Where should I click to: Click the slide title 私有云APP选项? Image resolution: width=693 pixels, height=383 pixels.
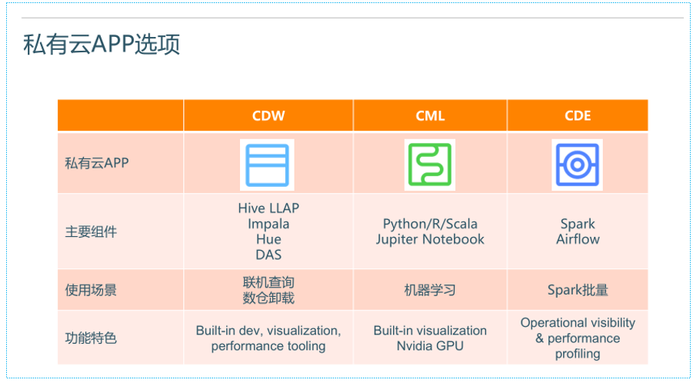[x=102, y=45]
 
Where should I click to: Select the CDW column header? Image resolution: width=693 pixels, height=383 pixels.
[x=268, y=116]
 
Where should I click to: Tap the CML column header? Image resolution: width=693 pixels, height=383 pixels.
[x=430, y=116]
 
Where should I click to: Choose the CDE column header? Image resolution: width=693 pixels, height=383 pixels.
[x=578, y=116]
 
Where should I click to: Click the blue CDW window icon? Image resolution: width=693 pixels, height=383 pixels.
[x=267, y=165]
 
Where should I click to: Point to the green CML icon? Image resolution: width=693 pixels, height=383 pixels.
[x=430, y=165]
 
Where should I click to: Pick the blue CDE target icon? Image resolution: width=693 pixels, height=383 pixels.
[x=577, y=165]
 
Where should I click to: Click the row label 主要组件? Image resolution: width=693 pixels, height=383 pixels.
[x=91, y=231]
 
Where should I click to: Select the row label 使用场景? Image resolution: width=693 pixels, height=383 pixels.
[x=91, y=291]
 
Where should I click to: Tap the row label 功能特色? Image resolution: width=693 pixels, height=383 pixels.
[x=91, y=338]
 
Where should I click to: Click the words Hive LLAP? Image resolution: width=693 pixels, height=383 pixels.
[x=268, y=208]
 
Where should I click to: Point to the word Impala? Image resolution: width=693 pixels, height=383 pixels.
[x=268, y=224]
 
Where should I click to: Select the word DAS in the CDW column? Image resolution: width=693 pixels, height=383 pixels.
[x=268, y=255]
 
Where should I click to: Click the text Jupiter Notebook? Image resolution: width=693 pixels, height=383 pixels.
[x=430, y=239]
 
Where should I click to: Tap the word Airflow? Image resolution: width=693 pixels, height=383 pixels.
[x=578, y=239]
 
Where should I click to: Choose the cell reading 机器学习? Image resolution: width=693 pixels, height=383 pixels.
[x=430, y=291]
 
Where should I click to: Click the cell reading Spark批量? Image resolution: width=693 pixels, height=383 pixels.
[x=578, y=291]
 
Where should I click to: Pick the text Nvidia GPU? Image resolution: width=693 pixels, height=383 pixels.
[x=430, y=346]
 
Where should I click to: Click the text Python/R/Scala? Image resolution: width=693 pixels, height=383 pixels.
[x=430, y=224]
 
